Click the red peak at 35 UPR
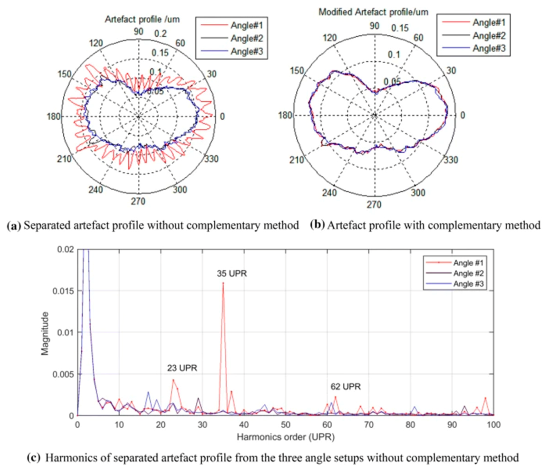tap(223, 283)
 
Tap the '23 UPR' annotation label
tap(182, 368)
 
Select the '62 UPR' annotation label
tap(345, 387)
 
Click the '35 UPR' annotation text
tap(232, 273)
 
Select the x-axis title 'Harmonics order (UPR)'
tap(286, 437)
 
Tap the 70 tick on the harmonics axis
tap(369, 425)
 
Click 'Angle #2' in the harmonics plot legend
tap(468, 273)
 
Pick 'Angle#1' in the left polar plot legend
tap(247, 25)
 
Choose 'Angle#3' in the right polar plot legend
tap(489, 49)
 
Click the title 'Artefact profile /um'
tap(142, 19)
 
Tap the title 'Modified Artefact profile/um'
tap(373, 12)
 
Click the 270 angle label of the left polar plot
tap(138, 201)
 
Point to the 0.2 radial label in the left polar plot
tap(160, 34)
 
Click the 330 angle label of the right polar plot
tap(451, 160)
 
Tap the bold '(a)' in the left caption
tap(14, 226)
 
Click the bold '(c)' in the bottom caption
tap(34, 458)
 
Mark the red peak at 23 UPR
tap(173, 380)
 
